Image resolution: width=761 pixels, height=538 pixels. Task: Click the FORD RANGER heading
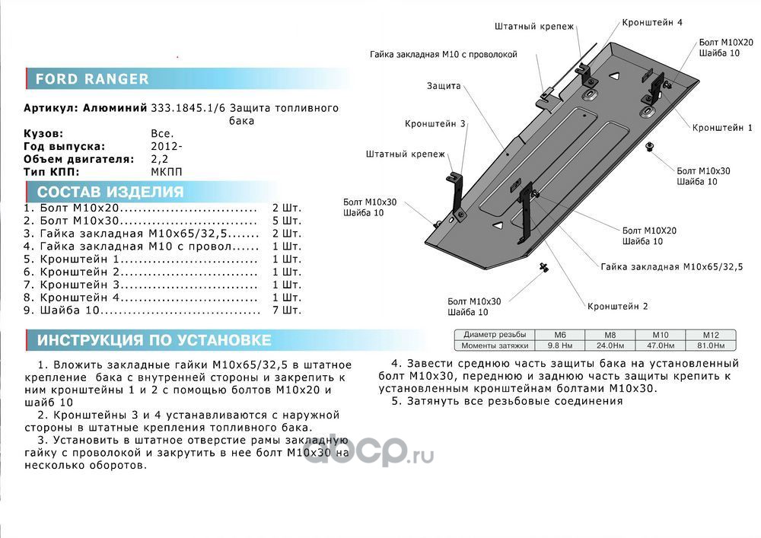click(x=92, y=79)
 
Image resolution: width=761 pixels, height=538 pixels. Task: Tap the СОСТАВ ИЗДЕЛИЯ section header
click(x=110, y=192)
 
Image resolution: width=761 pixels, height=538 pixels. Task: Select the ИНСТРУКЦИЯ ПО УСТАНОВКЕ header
click(x=154, y=340)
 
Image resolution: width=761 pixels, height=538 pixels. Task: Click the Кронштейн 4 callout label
click(x=651, y=23)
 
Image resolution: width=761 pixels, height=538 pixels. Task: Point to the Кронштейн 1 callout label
click(x=722, y=128)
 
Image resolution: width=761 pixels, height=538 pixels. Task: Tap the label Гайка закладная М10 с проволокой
click(x=444, y=55)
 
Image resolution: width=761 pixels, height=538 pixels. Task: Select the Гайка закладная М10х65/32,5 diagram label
click(x=671, y=267)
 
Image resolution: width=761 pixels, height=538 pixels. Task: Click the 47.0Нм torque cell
click(x=661, y=345)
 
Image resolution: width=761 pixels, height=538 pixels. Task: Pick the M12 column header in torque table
click(x=712, y=335)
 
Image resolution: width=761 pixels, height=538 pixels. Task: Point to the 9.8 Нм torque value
click(x=558, y=345)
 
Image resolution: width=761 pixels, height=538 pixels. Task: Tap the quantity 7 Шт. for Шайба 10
click(x=287, y=310)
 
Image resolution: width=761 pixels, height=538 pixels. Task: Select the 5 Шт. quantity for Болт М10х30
click(x=287, y=221)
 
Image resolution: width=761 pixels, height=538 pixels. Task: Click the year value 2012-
click(x=167, y=146)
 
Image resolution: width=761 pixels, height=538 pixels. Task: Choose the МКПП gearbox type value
click(x=167, y=172)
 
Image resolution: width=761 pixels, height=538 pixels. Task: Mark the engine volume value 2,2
click(x=159, y=159)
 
